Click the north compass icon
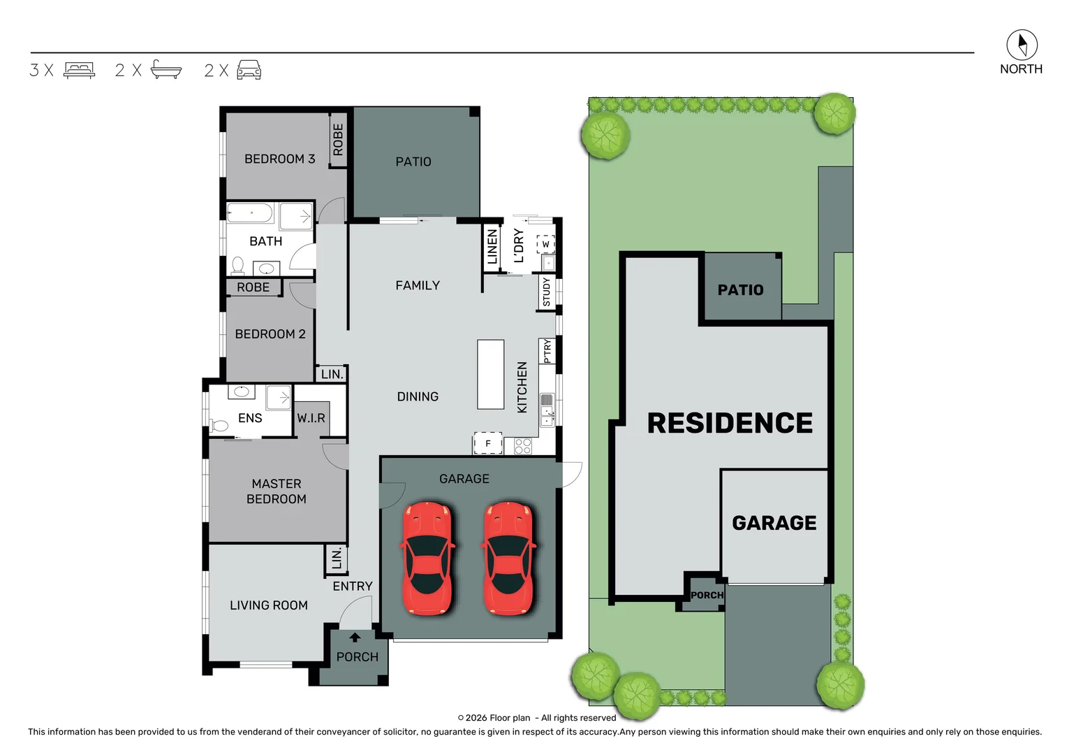1021,45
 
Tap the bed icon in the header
79,70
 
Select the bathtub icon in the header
166,70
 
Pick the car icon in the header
249,70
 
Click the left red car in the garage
427,558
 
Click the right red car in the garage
509,558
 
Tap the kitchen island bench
490,374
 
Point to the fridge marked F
487,443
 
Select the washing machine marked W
545,244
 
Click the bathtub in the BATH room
251,213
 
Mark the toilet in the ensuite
220,425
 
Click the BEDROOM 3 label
279,159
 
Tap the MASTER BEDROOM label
277,491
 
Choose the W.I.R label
311,418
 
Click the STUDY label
546,292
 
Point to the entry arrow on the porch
355,637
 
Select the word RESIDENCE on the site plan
730,423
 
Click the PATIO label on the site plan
740,289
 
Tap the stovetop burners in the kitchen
522,446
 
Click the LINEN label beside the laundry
492,247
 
